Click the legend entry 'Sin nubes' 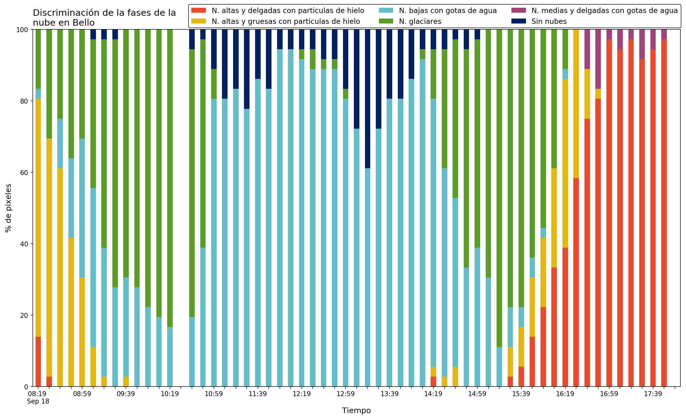coord(549,21)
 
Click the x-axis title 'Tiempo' coord(356,411)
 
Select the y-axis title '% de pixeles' coord(9,208)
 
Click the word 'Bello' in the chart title coord(83,23)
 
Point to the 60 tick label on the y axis coord(24,173)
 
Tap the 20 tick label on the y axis coord(24,315)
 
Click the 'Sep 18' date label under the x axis coord(38,401)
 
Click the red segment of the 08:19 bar coord(38,361)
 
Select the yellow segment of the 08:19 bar coord(38,218)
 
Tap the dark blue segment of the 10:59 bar coord(214,49)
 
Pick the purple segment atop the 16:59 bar coord(609,34)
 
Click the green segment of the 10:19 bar coord(170,178)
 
